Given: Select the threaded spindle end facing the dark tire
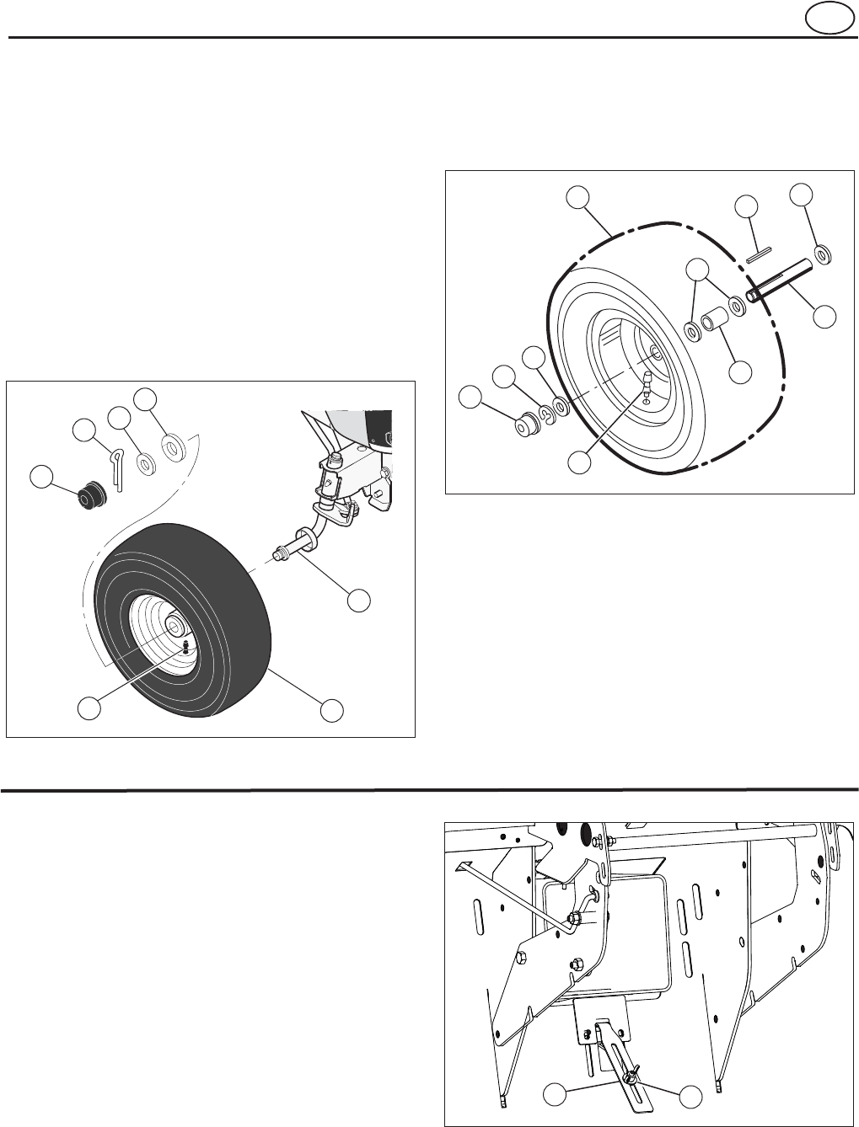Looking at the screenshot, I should [x=280, y=553].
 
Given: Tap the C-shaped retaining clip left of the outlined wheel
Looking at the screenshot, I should [x=545, y=413].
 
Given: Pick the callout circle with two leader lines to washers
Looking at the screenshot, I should [x=696, y=270].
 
